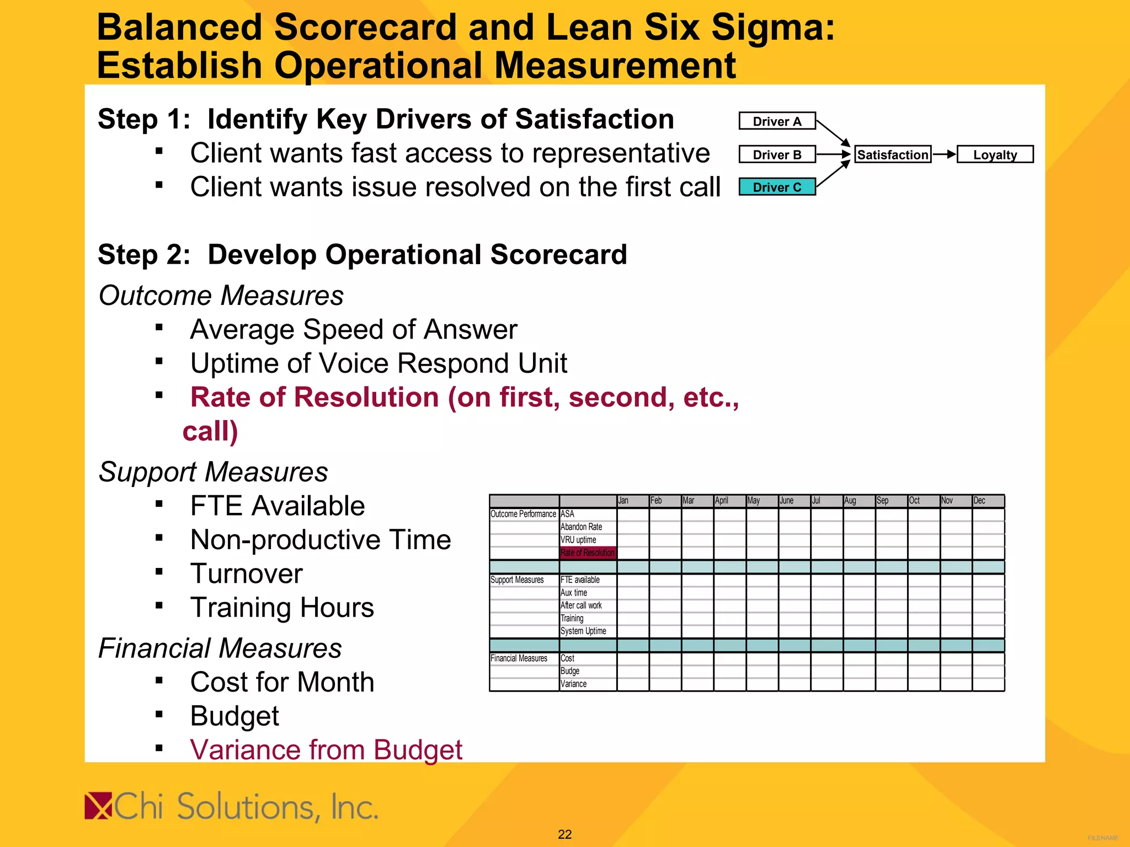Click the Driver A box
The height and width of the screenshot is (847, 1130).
[777, 121]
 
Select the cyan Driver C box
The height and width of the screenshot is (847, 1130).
[777, 187]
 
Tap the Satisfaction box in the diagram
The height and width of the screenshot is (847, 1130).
[892, 154]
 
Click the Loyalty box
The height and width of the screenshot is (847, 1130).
[995, 154]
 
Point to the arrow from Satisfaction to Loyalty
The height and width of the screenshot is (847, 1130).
[944, 154]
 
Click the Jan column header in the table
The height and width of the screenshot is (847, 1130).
[632, 501]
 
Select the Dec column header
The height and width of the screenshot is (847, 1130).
[988, 501]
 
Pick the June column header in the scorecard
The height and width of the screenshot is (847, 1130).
[794, 501]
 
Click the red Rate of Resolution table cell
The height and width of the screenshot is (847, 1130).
[588, 553]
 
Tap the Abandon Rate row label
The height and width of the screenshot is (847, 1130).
[582, 527]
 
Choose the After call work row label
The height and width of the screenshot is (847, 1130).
[582, 605]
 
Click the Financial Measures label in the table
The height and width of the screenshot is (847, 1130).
[519, 658]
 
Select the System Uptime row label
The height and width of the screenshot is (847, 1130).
[584, 631]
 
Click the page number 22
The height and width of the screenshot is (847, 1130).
[564, 834]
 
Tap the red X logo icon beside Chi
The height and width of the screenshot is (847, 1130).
[98, 806]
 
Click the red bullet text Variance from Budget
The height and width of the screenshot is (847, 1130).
[326, 750]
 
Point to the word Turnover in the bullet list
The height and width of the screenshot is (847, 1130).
[247, 574]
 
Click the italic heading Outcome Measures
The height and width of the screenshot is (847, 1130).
[221, 296]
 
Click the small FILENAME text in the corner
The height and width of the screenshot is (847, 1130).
[1102, 838]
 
